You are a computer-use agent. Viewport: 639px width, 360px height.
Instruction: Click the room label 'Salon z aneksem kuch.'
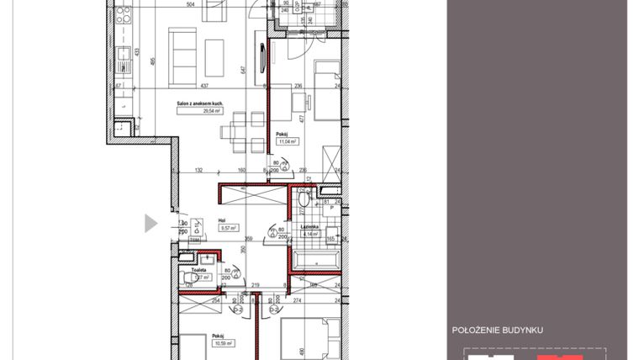click(198, 103)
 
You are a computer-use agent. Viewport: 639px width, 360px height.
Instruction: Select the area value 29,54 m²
click(198, 110)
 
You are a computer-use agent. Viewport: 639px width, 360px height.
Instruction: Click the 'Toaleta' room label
click(198, 271)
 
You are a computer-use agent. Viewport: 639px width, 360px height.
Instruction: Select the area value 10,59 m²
click(222, 342)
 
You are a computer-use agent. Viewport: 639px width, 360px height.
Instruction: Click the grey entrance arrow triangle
click(151, 223)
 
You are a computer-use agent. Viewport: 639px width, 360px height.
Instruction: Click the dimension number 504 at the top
click(190, 4)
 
